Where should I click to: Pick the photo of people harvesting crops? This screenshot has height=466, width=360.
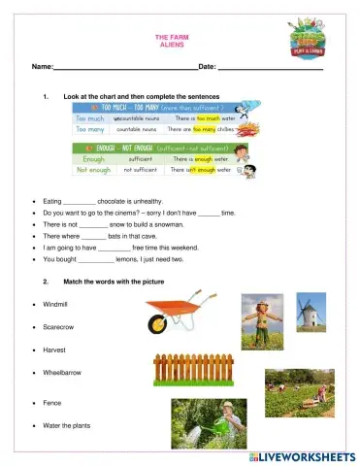(x=299, y=392)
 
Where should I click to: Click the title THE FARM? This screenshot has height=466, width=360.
(x=170, y=38)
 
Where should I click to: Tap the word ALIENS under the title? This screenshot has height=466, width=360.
(x=170, y=46)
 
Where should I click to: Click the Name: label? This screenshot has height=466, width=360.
(x=42, y=67)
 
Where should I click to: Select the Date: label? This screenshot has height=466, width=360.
(x=207, y=67)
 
